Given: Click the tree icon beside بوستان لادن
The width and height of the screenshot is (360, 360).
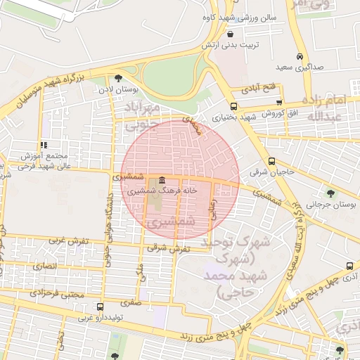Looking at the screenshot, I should (117, 78).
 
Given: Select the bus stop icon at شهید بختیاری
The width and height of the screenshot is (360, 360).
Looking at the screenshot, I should (234, 108).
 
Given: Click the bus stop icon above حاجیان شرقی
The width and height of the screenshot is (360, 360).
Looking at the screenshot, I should (272, 161).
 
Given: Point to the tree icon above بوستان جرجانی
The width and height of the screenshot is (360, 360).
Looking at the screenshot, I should (331, 193).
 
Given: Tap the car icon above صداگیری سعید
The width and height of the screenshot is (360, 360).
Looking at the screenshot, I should (300, 56).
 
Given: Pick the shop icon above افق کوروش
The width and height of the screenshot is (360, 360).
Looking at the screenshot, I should (280, 103).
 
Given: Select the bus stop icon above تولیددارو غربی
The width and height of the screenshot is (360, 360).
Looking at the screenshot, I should (100, 307).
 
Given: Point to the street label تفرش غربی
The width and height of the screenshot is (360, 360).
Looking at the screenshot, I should (69, 240).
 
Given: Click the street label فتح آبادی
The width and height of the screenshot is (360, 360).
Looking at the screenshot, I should (259, 89).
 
